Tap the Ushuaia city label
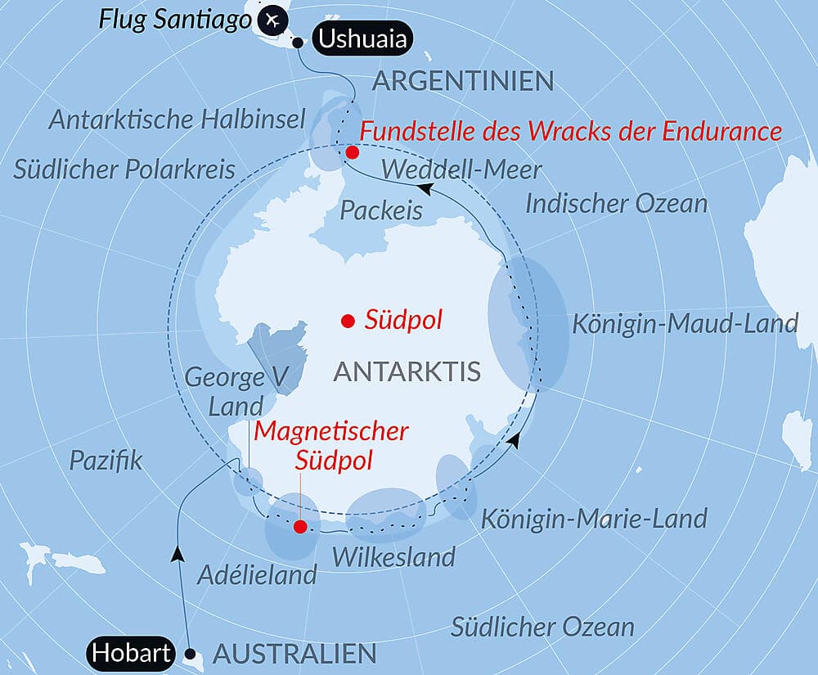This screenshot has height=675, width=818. [x=362, y=39]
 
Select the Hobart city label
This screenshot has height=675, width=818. [x=132, y=653]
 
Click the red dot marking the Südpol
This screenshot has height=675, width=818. [x=348, y=321]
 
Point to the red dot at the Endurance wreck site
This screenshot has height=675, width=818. [x=352, y=152]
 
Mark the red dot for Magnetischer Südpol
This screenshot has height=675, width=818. [x=300, y=528]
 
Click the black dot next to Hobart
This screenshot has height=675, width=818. [x=191, y=654]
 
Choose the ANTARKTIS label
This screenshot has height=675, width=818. [x=407, y=372]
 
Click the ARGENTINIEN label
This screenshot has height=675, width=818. [x=463, y=81]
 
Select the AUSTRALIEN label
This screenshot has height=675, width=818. [x=294, y=654]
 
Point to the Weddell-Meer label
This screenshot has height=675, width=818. [x=461, y=170]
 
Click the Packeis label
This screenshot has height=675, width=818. [x=381, y=210]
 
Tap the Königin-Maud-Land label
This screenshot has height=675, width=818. [x=684, y=323]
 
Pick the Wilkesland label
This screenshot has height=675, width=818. [x=393, y=557]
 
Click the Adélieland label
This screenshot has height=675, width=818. [x=257, y=574]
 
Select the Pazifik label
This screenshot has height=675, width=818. [x=106, y=460]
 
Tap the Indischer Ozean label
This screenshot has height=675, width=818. [x=616, y=203]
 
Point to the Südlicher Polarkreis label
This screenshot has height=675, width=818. [x=124, y=169]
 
